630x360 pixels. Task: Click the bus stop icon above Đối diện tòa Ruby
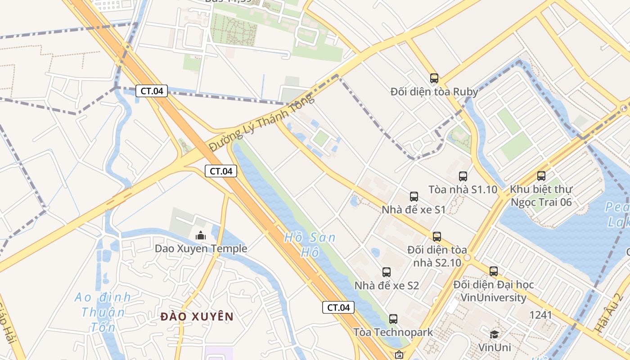(x=434, y=78)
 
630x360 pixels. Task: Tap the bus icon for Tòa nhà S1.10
(x=463, y=176)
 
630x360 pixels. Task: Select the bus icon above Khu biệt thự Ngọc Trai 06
(x=541, y=176)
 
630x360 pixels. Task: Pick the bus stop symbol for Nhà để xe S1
(x=414, y=197)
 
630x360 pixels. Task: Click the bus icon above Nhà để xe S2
(x=387, y=272)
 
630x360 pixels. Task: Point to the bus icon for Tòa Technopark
(x=393, y=319)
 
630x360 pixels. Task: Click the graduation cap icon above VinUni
(x=495, y=334)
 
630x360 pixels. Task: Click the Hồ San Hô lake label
(x=310, y=244)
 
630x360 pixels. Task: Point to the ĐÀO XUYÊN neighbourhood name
(x=197, y=316)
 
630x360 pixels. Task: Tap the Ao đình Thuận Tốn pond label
(x=103, y=312)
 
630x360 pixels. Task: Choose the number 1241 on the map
(x=540, y=315)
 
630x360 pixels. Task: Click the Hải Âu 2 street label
(x=608, y=313)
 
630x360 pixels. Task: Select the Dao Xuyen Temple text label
(x=201, y=248)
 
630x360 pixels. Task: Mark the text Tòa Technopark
(x=393, y=332)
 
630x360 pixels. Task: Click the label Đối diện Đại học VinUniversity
(x=493, y=291)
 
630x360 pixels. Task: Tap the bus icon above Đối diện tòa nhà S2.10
(x=436, y=237)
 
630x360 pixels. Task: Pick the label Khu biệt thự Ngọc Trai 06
(x=541, y=196)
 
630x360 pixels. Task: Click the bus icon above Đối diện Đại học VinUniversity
(x=494, y=271)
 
